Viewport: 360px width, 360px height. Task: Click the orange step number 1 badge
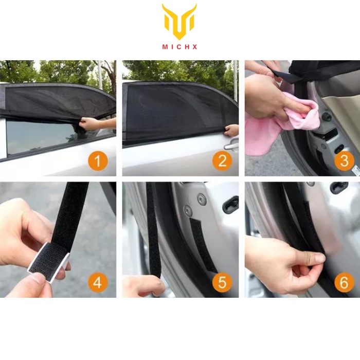[98, 160]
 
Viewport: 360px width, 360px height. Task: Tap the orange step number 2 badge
[222, 160]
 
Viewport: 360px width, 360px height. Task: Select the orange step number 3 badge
[344, 160]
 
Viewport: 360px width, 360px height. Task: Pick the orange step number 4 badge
[98, 282]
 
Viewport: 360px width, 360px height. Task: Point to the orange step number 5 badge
[222, 282]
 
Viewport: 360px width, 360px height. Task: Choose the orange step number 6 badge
[344, 282]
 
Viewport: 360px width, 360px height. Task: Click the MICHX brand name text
[179, 47]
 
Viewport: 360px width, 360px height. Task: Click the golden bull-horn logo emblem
[179, 22]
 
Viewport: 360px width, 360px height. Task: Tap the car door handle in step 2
[230, 145]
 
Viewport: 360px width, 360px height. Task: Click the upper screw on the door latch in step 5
[202, 198]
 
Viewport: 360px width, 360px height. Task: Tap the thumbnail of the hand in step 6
[320, 259]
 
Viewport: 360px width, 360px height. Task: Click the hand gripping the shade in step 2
[231, 131]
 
